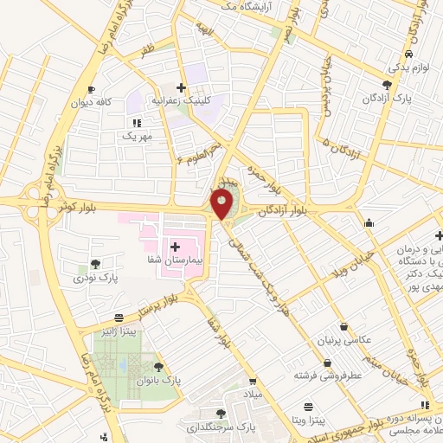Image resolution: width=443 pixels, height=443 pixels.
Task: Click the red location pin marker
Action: coord(222,206)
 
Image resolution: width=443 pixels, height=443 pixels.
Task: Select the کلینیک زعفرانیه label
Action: coord(181,100)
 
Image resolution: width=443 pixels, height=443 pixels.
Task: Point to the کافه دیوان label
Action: coord(93,103)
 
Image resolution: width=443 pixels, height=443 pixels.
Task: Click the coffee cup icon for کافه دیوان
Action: coord(92,90)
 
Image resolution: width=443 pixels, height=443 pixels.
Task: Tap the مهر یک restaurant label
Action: coord(137,137)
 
